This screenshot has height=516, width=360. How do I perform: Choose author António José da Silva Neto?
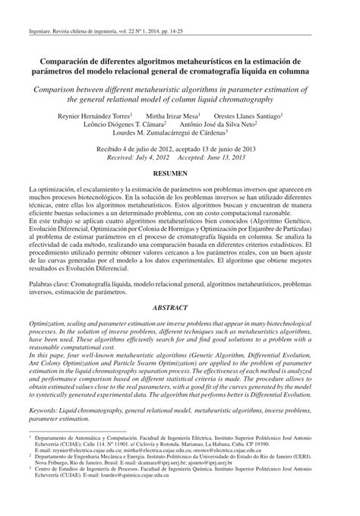(234, 126)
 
